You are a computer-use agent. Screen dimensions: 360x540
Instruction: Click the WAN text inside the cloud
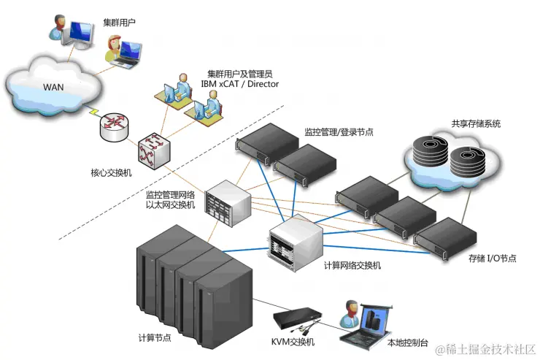click(53, 87)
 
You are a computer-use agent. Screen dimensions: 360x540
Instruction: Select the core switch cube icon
click(154, 150)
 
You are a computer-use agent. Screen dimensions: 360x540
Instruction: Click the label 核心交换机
click(111, 173)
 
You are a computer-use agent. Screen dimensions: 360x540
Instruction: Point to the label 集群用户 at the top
click(120, 23)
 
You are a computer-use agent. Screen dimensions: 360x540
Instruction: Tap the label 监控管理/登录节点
click(339, 132)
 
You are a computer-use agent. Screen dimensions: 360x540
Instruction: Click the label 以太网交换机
click(171, 205)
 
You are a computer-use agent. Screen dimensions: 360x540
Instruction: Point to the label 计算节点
click(155, 337)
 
